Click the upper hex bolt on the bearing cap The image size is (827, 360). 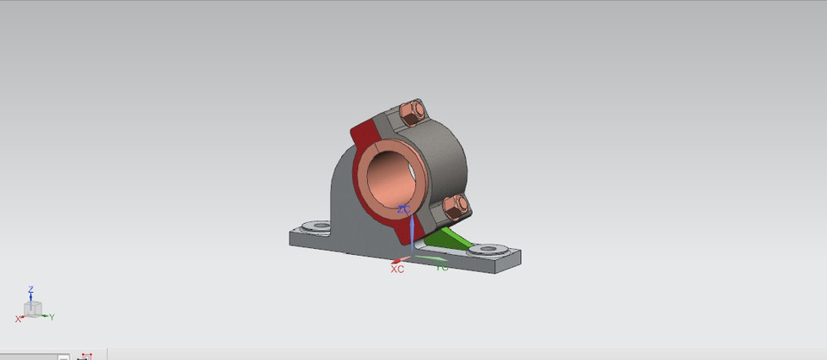(412, 111)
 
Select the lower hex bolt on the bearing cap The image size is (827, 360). (456, 205)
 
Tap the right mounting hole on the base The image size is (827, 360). (488, 250)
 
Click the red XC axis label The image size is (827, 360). (397, 270)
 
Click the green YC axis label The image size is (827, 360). (442, 269)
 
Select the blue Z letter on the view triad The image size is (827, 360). (31, 289)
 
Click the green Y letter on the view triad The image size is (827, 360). (52, 317)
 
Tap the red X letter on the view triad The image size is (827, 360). (17, 319)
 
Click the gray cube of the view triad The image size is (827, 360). (33, 308)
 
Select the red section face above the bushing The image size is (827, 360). (367, 134)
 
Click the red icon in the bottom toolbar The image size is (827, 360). (85, 356)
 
